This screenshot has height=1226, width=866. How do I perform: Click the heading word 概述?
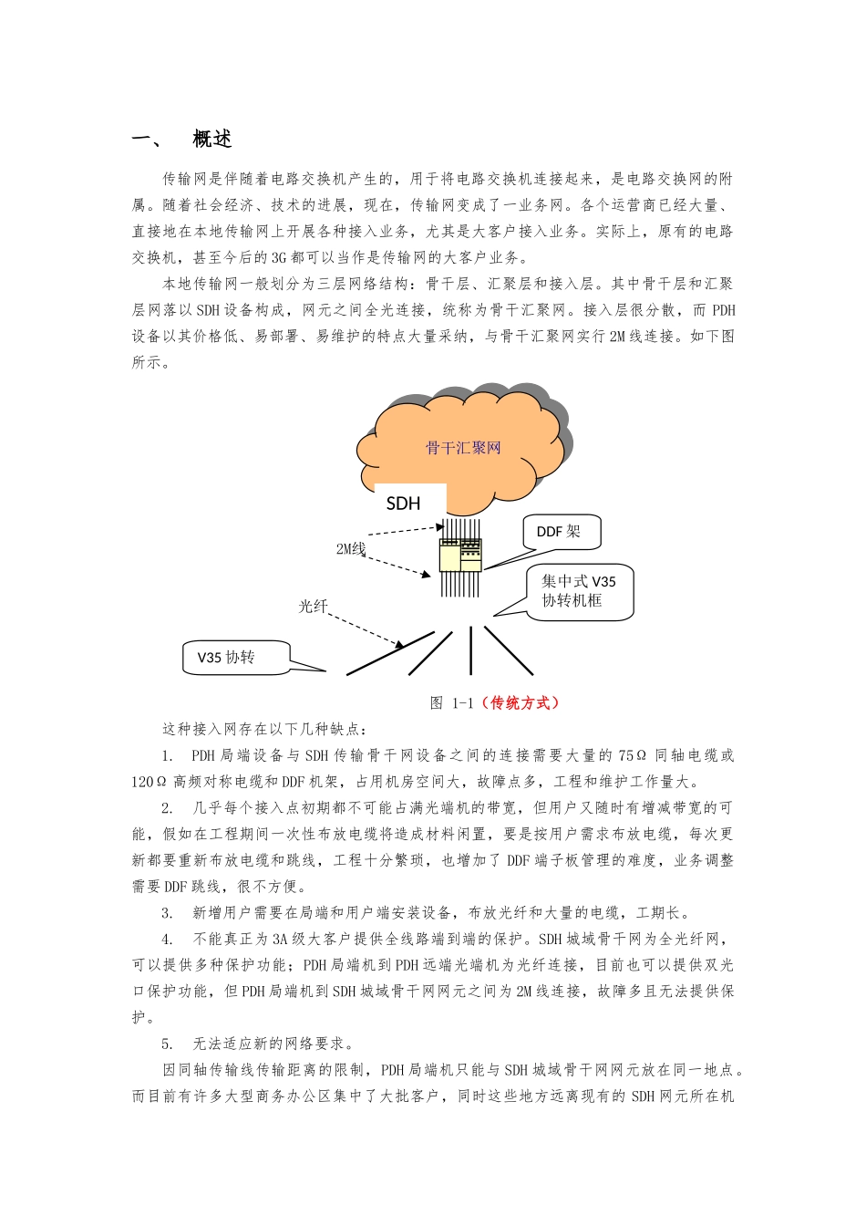coord(212,139)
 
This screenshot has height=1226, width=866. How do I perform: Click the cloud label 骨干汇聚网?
coord(463,448)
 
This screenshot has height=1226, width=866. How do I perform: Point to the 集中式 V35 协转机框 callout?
coord(580,591)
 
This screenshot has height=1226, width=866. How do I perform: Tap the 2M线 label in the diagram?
coord(351,548)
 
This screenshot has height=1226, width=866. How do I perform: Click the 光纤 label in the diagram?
coord(313,606)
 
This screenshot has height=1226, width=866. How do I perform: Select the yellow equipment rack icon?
coord(459,555)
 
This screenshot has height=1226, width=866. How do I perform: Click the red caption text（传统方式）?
coord(521,702)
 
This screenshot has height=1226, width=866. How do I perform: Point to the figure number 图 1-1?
coord(452,702)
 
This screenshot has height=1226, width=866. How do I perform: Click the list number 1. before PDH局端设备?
coord(168,755)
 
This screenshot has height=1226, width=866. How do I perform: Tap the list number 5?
coord(168,1044)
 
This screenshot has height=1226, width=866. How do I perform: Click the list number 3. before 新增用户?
coord(168,912)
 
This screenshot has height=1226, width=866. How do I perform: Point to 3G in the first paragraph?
coord(279,257)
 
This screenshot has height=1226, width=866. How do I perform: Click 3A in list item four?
coord(281,939)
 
